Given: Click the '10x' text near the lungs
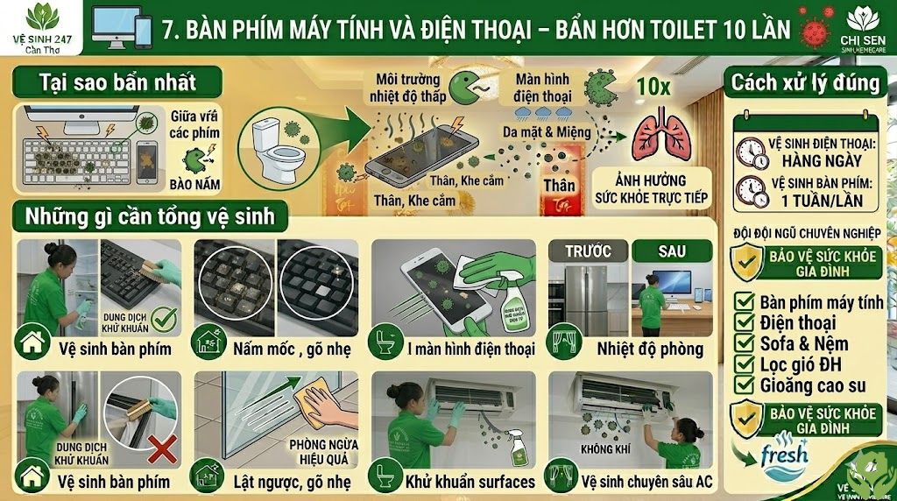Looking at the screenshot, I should (x=653, y=87).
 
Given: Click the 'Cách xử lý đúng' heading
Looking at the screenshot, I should (x=805, y=83).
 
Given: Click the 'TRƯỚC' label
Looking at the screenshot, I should (x=588, y=250).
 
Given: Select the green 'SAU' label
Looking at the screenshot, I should (x=672, y=250).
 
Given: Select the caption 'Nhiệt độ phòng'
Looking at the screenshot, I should (x=650, y=349).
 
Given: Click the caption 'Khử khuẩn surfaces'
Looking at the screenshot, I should (x=469, y=481).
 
